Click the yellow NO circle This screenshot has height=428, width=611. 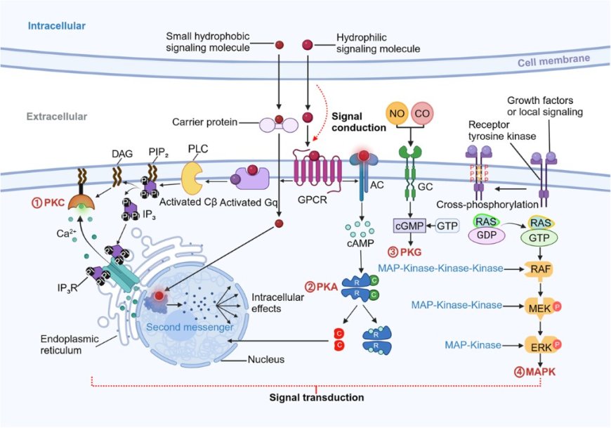pyautogui.click(x=397, y=114)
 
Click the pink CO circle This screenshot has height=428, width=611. pyautogui.click(x=423, y=114)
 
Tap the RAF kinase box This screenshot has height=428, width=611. pyautogui.click(x=539, y=268)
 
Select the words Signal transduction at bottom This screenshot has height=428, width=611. pyautogui.click(x=317, y=398)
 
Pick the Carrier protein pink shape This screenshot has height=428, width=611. pyautogui.click(x=279, y=124)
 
